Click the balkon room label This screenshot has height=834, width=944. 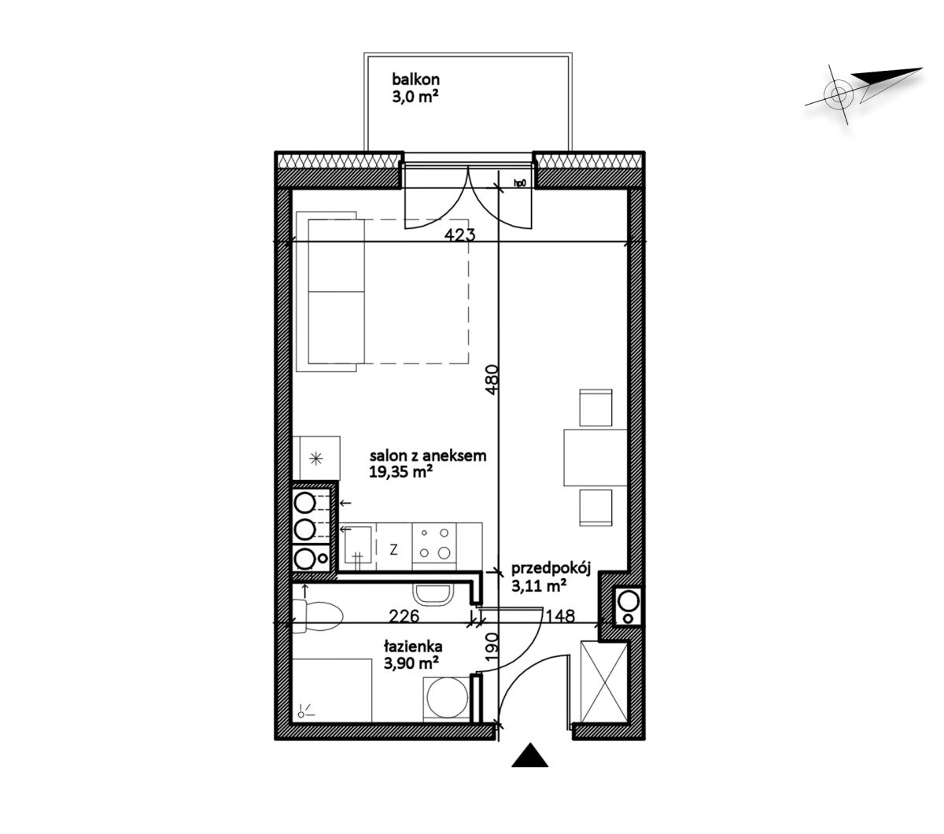click(x=415, y=79)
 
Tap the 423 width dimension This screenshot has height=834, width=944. click(x=459, y=234)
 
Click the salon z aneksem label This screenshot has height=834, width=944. click(x=428, y=456)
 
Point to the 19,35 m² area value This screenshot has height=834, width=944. click(x=398, y=472)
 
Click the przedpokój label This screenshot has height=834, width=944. click(x=551, y=569)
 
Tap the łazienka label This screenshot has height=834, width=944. click(x=413, y=647)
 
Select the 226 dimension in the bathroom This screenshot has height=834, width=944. click(x=404, y=616)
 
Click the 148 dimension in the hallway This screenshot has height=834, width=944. click(x=560, y=616)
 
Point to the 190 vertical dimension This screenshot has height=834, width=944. click(x=492, y=647)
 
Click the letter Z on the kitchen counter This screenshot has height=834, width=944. click(x=393, y=550)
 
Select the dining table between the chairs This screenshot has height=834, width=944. click(x=595, y=457)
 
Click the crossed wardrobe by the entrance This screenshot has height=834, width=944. click(x=604, y=681)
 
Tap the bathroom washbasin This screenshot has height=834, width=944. click(x=433, y=594)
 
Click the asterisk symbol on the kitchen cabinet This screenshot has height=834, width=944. click(x=317, y=459)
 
